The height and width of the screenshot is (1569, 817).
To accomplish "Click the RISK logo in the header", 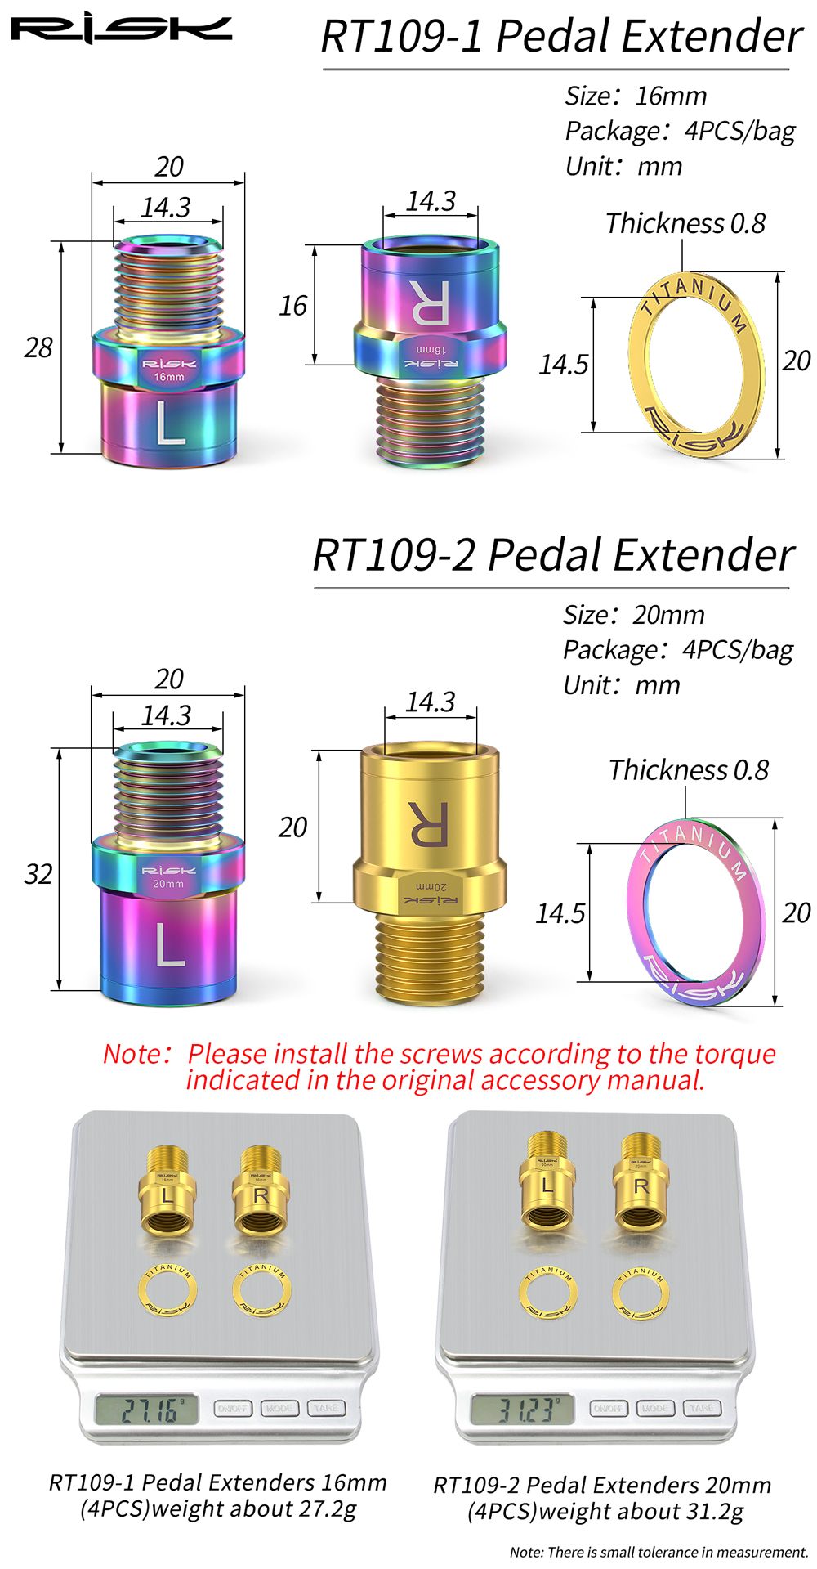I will [x=121, y=30].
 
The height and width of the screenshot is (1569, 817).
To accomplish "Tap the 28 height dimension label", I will [x=38, y=347].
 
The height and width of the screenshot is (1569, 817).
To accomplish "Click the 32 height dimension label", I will [x=38, y=874].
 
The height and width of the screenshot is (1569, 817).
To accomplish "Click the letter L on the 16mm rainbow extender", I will [x=170, y=423].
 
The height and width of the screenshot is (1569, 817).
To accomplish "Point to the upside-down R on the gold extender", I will [x=428, y=823].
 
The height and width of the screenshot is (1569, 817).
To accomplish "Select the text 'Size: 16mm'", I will [x=636, y=96].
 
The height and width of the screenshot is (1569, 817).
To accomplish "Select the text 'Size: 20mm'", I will [x=633, y=615].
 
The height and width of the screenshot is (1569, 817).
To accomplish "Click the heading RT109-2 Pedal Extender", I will [x=553, y=555].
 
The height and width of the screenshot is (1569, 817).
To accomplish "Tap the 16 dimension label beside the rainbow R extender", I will [x=292, y=306].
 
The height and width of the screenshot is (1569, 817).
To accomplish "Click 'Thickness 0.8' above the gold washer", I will [x=685, y=223].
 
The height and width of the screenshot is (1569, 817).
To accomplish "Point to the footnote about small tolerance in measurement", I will [x=658, y=1552].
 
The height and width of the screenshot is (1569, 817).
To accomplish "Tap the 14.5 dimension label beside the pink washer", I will [x=560, y=912].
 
